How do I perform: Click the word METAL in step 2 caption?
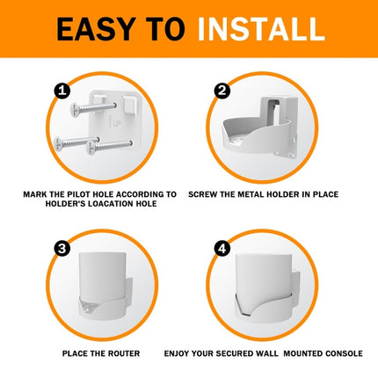pyautogui.click(x=257, y=193)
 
